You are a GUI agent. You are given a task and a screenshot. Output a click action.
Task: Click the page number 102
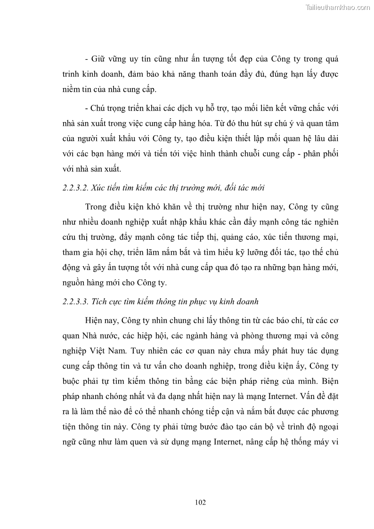pos(200,502)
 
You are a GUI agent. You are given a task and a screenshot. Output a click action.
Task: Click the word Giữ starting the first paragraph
pos(97,60)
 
